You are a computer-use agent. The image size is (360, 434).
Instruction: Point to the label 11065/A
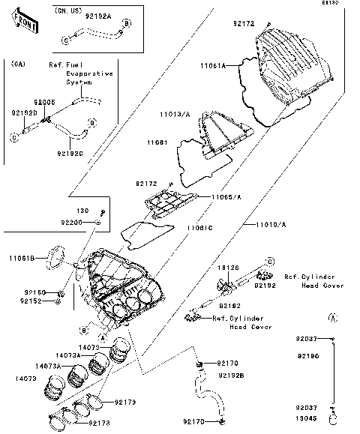[226, 196]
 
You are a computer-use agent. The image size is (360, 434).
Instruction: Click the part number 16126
[228, 267]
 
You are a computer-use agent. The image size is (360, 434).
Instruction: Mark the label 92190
[328, 356]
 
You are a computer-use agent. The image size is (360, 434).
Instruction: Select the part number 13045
[327, 420]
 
